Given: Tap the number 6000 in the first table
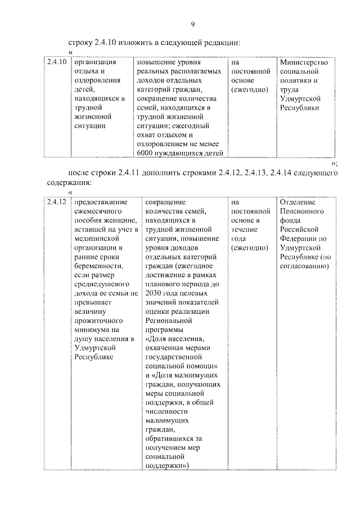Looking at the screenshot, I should (x=146, y=152).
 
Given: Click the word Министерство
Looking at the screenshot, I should (x=304, y=62).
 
